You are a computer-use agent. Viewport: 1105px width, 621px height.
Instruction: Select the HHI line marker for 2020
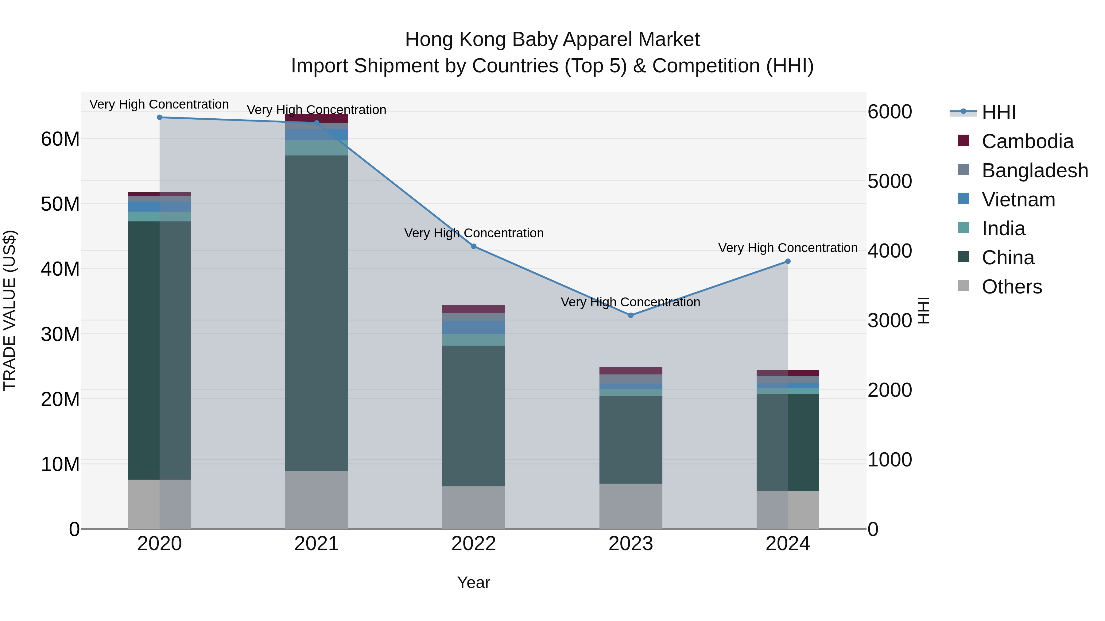(x=160, y=117)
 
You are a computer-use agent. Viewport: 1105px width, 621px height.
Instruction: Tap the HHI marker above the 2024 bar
(x=788, y=261)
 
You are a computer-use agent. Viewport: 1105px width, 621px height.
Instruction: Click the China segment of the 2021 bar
(x=316, y=313)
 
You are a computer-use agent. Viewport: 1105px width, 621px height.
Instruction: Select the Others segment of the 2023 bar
(x=630, y=506)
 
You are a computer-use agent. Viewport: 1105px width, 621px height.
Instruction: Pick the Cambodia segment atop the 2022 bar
(x=474, y=309)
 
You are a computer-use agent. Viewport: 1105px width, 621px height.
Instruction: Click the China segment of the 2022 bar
(x=474, y=416)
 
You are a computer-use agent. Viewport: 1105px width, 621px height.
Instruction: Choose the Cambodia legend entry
(x=1027, y=141)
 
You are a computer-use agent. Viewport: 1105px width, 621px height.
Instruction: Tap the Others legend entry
(x=1011, y=287)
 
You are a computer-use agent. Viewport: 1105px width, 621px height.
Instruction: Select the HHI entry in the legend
(x=998, y=112)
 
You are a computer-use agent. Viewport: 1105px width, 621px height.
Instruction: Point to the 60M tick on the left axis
(x=60, y=139)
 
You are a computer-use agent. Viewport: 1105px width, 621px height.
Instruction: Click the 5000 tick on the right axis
(x=890, y=181)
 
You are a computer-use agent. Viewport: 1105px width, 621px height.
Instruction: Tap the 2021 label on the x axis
(x=316, y=544)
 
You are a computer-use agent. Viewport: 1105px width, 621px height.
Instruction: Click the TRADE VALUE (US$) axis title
(x=10, y=310)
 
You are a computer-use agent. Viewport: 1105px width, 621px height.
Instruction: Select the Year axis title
(x=474, y=582)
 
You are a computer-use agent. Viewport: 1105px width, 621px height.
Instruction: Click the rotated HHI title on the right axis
(x=923, y=310)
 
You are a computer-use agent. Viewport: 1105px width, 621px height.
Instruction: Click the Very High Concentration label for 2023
(x=630, y=302)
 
